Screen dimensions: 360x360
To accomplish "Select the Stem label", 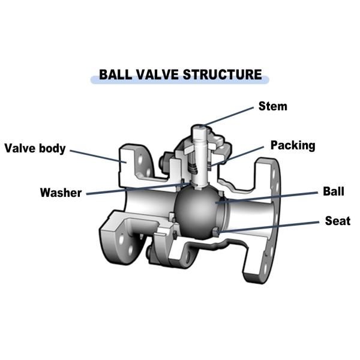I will click(272, 107).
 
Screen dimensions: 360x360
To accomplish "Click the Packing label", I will click(292, 145).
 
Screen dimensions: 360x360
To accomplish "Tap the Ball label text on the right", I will click(333, 192).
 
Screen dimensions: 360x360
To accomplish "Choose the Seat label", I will click(337, 220).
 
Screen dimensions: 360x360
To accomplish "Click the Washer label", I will click(60, 193).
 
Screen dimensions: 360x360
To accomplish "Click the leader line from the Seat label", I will click(270, 226).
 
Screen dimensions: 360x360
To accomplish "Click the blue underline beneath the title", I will click(179, 81).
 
